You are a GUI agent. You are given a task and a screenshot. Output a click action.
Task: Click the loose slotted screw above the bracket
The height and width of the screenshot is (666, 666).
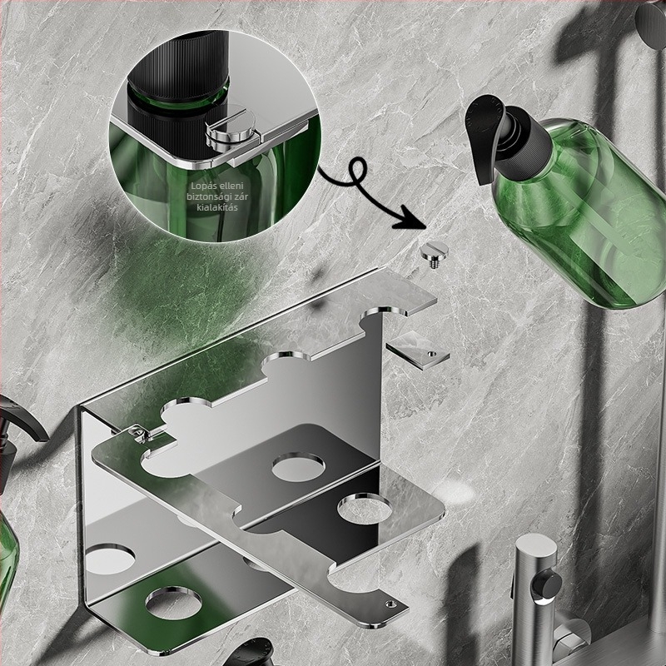[434, 255]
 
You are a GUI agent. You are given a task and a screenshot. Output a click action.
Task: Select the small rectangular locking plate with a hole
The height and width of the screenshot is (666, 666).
[418, 350]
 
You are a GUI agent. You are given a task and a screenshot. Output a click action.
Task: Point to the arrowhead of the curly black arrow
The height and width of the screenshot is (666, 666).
[412, 220]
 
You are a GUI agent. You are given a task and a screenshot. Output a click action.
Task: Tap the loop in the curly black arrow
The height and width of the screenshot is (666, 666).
[357, 172]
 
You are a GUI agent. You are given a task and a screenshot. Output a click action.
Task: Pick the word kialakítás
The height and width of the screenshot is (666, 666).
[217, 207]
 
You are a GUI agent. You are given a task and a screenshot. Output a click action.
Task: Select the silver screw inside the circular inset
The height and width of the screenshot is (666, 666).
[230, 129]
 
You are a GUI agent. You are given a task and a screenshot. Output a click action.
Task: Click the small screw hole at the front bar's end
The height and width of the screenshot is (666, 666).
[390, 604]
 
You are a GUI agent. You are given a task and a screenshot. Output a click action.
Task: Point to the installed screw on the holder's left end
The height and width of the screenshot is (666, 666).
[138, 432]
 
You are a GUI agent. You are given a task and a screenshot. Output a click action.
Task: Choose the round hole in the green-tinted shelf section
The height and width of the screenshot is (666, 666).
[174, 603]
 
